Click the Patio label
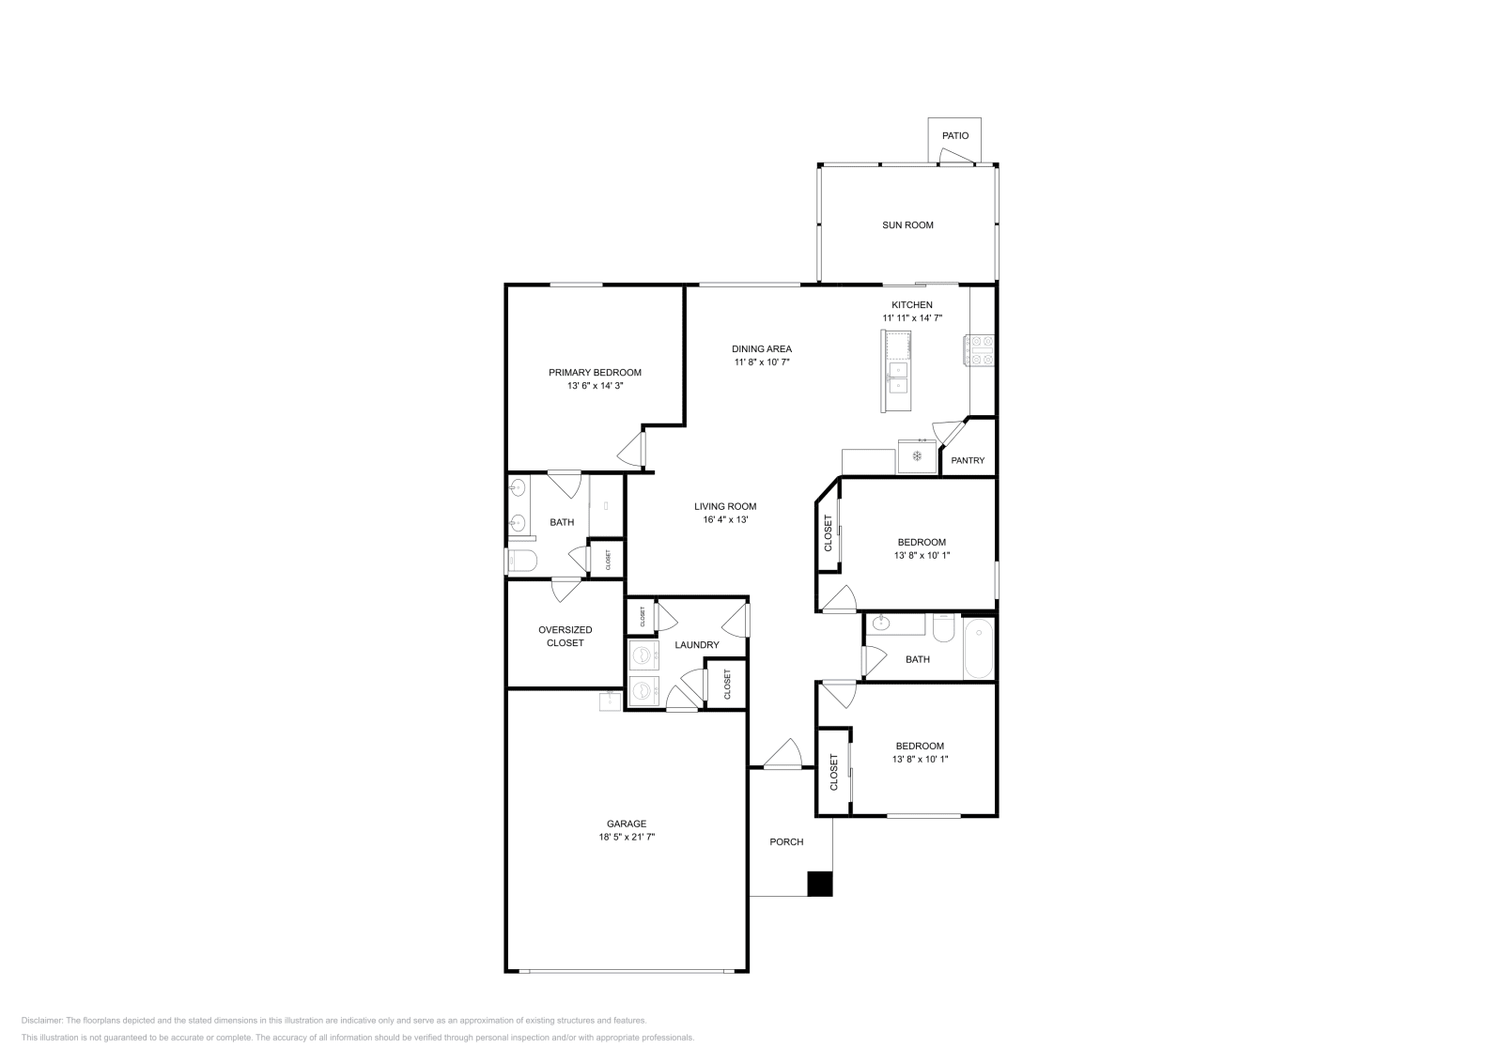[955, 136]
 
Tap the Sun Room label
[907, 225]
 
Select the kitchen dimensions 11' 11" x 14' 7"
[911, 318]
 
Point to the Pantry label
[968, 461]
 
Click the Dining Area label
[762, 349]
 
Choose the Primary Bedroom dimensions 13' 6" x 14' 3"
[595, 386]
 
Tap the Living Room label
[725, 507]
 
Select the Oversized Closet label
[565, 636]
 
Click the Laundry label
[697, 645]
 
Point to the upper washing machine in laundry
[643, 655]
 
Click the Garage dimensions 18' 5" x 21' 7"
[626, 837]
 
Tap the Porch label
[786, 842]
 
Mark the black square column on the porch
[820, 884]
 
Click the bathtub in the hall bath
[979, 648]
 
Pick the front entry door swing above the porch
[782, 754]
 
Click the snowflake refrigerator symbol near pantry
[916, 457]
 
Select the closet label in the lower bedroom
[833, 772]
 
